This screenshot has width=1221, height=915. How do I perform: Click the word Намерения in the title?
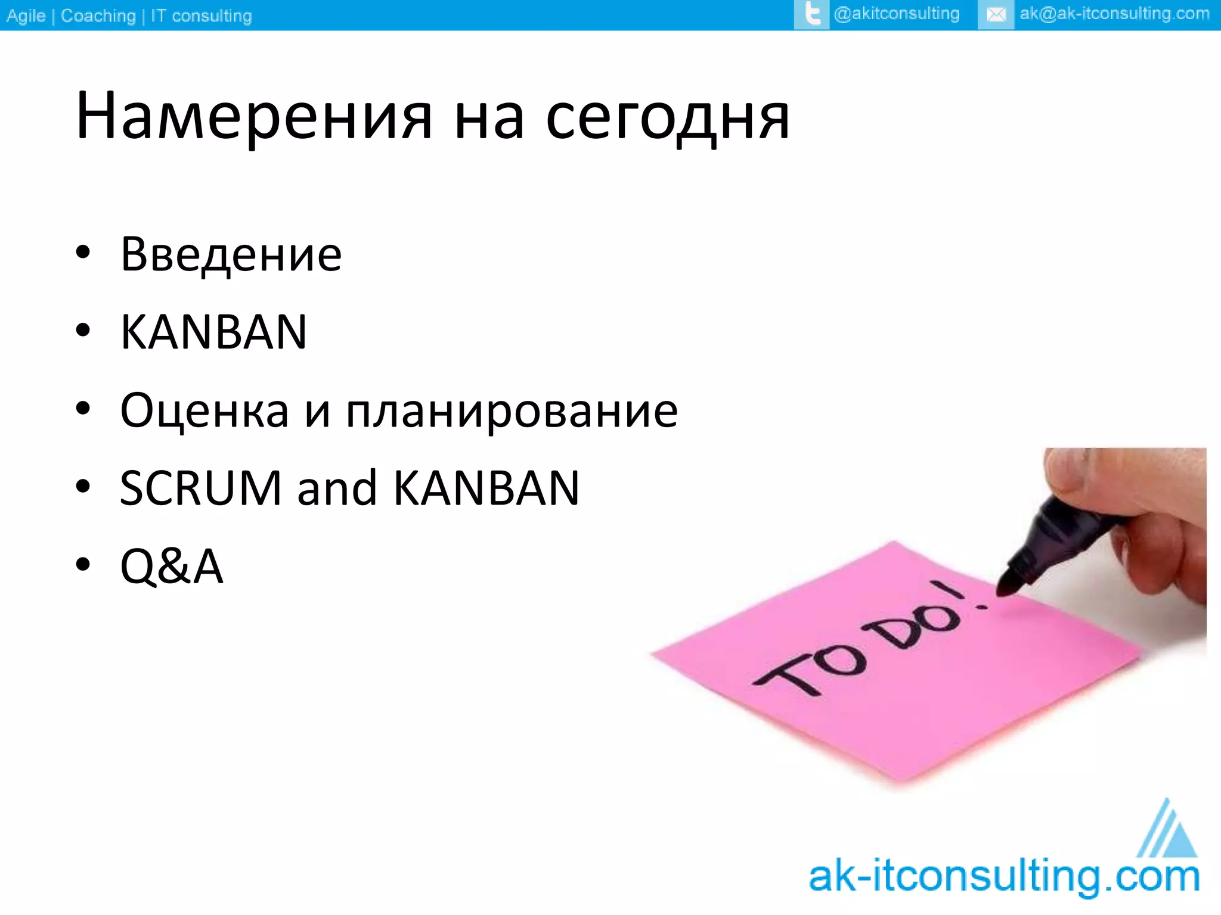254,116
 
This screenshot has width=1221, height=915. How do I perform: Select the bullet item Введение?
231,254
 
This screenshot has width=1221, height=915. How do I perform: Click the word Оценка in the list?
204,411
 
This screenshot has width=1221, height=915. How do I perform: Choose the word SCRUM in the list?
200,488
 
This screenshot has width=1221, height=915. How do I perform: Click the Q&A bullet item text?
172,566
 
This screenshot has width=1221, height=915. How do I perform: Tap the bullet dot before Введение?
83,253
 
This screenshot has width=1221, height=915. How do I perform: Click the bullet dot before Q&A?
83,564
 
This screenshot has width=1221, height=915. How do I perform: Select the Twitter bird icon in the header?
811,14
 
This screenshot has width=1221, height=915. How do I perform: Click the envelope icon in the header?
996,14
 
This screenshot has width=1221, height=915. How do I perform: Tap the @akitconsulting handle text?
896,14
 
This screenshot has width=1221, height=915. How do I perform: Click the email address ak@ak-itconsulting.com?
1114,14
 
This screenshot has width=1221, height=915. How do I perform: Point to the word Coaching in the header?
98,15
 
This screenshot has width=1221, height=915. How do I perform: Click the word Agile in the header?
26,15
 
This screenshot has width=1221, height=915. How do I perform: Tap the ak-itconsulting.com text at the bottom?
1004,877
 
